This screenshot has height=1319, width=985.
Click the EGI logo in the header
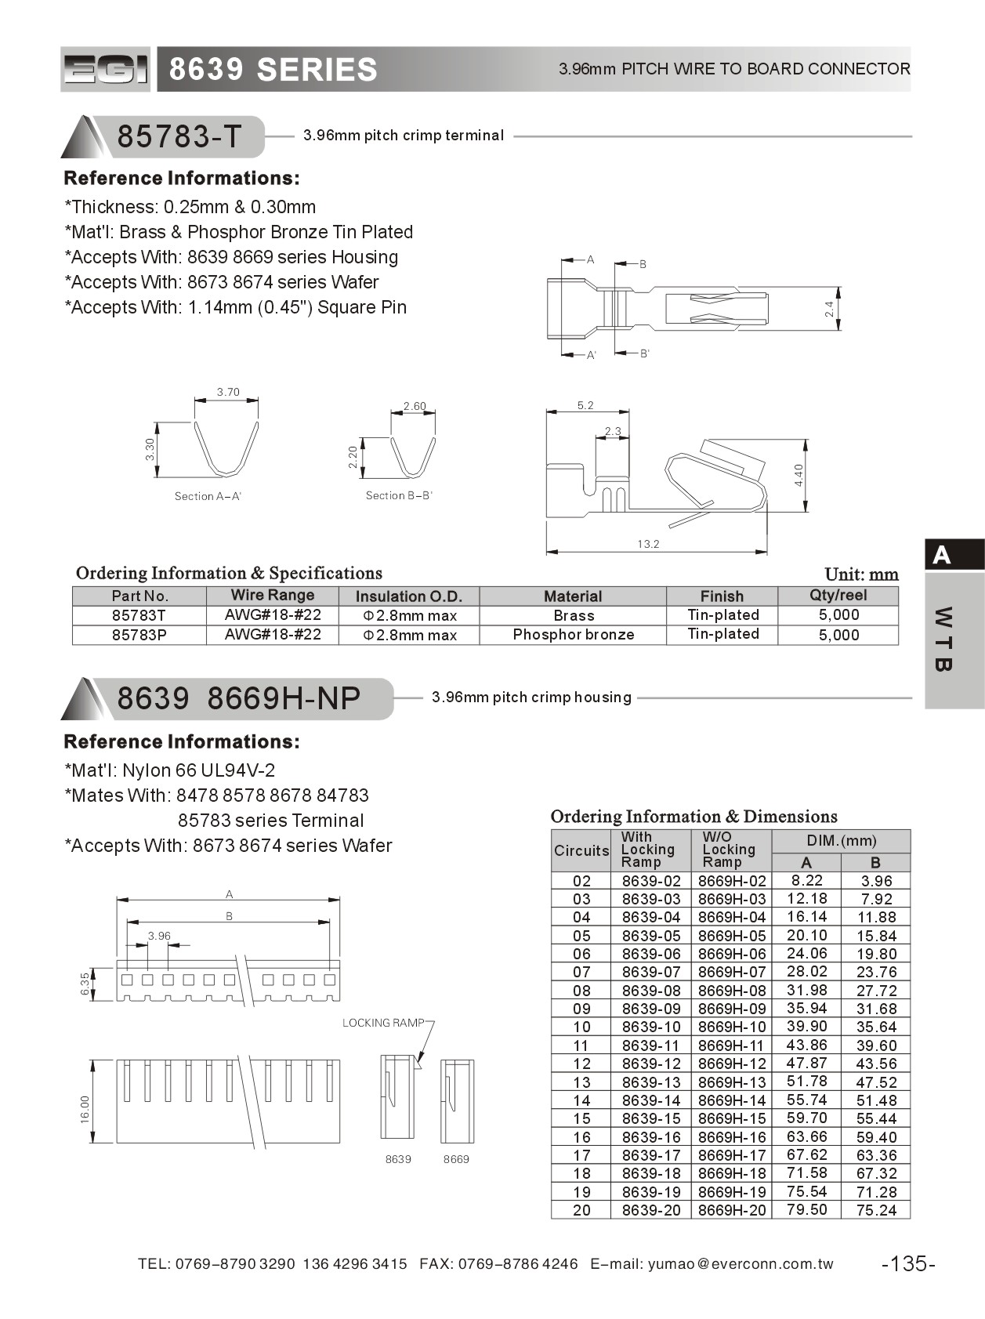105,70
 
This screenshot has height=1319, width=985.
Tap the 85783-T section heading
179,136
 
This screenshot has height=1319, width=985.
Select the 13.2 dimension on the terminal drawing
648,544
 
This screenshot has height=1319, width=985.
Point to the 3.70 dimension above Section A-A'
228,392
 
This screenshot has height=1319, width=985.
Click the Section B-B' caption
399,495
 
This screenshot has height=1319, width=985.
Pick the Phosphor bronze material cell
573,634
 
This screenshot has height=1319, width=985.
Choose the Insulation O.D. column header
408,596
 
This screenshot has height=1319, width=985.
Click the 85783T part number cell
139,615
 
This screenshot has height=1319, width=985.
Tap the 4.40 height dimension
799,475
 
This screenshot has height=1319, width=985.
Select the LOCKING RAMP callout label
382,1023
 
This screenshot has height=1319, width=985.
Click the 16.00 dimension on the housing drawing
85,1109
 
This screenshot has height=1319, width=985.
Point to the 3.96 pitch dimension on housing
159,936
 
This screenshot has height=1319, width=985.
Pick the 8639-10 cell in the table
651,1027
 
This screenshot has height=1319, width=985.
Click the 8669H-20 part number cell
732,1210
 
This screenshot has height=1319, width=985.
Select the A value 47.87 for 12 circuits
806,1064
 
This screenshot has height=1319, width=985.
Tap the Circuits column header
581,850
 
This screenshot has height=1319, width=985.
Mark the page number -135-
908,1263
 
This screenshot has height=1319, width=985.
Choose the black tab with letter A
953,556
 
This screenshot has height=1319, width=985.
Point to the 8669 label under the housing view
456,1159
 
